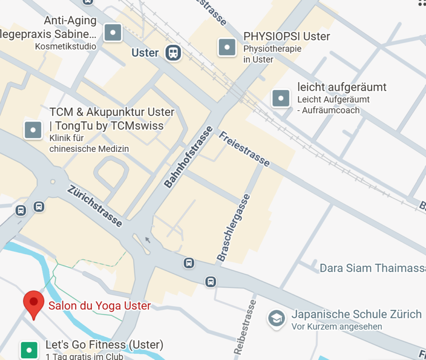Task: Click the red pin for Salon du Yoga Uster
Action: tap(34, 303)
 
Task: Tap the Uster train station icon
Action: tap(173, 53)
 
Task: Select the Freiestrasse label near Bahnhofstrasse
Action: tap(244, 149)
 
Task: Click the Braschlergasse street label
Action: tap(234, 228)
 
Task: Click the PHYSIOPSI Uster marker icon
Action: tap(227, 47)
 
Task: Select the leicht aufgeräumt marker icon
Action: tap(281, 99)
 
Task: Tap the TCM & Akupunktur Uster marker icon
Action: tap(33, 130)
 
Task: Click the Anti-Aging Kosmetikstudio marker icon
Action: tap(113, 32)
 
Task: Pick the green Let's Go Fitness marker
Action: tap(29, 350)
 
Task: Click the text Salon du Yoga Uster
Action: tap(99, 306)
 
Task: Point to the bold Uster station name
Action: tap(145, 53)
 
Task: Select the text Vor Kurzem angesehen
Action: tap(337, 327)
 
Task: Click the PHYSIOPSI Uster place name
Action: tap(287, 37)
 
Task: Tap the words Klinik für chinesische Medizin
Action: tap(89, 143)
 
